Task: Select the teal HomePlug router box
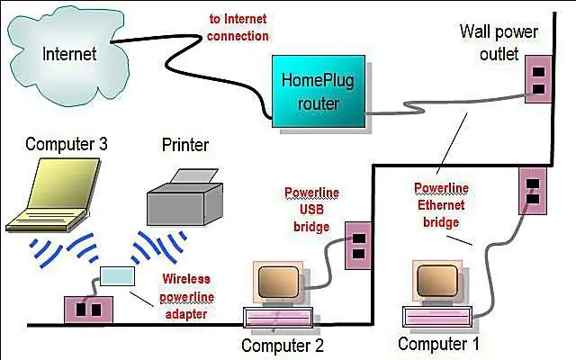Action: click(319, 92)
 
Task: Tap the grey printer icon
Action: click(184, 198)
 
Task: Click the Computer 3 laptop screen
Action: click(65, 183)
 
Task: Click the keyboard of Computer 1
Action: click(437, 317)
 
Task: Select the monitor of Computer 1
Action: click(437, 281)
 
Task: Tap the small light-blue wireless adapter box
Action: click(117, 276)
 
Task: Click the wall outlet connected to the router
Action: click(538, 79)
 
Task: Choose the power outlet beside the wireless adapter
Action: click(88, 310)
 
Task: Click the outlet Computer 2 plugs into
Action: click(358, 246)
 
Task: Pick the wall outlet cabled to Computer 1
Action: click(533, 191)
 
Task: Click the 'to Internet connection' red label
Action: click(238, 28)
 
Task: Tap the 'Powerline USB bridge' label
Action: click(311, 210)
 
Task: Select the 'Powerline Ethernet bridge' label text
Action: click(441, 205)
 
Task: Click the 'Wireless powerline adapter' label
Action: click(186, 296)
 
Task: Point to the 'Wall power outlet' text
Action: click(499, 42)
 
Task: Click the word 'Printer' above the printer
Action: click(185, 145)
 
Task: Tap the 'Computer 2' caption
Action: click(283, 346)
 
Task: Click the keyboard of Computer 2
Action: click(278, 318)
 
